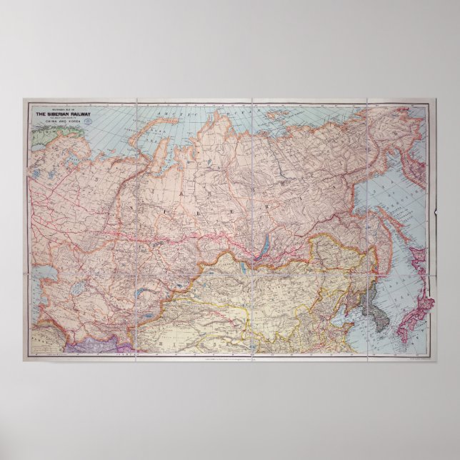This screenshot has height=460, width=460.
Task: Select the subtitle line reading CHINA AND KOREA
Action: pos(59,122)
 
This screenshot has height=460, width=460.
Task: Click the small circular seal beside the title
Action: pos(88,121)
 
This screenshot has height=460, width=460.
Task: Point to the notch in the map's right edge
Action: pos(434,212)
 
